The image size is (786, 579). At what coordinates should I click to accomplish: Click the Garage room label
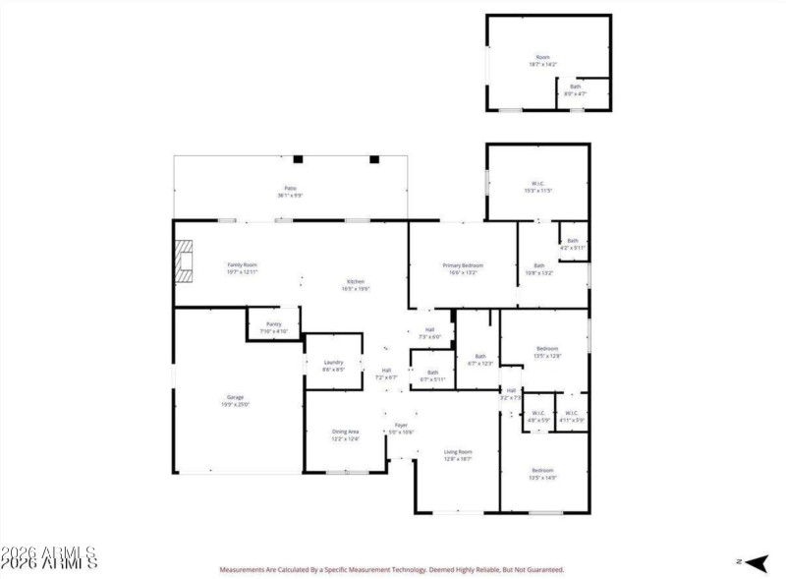pos(233,397)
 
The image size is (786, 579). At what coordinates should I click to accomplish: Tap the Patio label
pos(290,188)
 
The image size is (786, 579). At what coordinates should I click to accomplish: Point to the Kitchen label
pos(355,281)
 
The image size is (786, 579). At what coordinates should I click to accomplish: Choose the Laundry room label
pos(333,363)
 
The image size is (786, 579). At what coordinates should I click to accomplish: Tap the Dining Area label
pos(345,432)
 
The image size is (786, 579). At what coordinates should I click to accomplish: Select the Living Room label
pos(459,451)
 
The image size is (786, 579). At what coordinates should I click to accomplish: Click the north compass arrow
pos(755,561)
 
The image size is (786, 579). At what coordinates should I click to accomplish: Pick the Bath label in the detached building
pos(576,87)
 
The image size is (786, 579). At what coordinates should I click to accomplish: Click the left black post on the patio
pos(299,158)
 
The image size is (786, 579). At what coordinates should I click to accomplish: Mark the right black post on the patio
pos(373,158)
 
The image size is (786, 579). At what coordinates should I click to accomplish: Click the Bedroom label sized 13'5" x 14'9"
pos(542,471)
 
